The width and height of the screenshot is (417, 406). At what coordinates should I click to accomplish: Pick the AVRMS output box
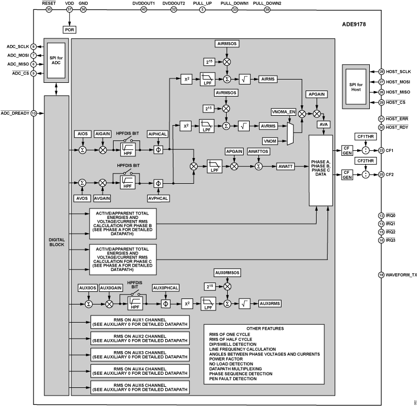tap(268, 126)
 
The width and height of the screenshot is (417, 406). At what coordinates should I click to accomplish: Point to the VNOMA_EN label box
tap(283, 111)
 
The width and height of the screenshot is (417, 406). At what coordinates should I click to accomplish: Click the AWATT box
tap(285, 166)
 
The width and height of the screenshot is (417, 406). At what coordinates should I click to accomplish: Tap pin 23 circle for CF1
tap(381, 149)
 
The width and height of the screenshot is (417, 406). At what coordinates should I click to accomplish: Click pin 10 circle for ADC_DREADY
tap(33, 114)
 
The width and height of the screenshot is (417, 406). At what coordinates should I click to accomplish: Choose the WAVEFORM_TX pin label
tap(402, 275)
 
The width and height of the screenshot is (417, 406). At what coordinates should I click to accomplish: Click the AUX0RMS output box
tap(271, 303)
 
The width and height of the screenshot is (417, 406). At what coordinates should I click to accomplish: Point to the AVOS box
tap(82, 198)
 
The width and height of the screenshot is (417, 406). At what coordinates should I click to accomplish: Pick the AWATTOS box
tap(258, 151)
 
